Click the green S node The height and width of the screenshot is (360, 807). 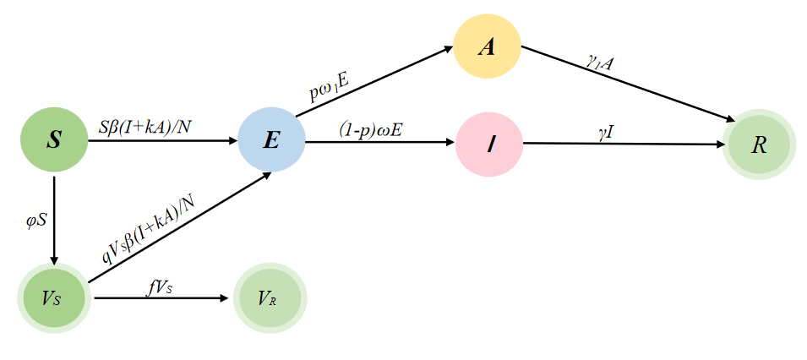pos(54,140)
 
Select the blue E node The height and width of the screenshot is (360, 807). pos(271,140)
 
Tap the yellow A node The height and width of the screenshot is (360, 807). pos(487,46)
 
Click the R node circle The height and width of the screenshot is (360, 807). pos(759,145)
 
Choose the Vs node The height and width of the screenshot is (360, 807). pos(52,298)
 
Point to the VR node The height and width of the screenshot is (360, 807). pos(270,298)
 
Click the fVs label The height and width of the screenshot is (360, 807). pos(161,286)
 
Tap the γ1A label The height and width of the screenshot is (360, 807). pos(602,62)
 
